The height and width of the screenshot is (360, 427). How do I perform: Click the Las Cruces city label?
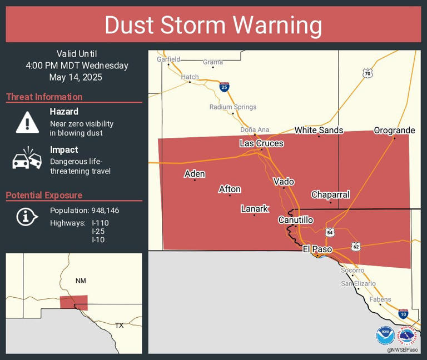tap(261, 143)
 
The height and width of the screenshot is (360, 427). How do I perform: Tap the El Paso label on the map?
tap(317, 249)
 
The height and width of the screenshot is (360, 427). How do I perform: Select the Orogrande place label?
tap(394, 131)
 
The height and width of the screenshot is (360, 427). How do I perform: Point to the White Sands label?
tap(319, 131)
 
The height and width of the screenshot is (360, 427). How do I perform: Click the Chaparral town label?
tap(330, 194)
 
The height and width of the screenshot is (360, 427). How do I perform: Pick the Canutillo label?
tap(295, 220)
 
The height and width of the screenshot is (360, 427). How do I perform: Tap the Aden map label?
tap(195, 174)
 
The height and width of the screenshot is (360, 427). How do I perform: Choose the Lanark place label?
tap(255, 209)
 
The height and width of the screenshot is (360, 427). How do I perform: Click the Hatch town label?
tap(190, 77)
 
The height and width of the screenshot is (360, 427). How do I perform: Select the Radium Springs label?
tap(233, 107)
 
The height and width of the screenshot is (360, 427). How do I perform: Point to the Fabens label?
tap(381, 299)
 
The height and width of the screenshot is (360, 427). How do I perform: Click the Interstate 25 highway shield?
tap(224, 87)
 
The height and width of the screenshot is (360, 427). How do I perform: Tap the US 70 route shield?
tap(367, 73)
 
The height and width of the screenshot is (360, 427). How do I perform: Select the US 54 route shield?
tap(330, 232)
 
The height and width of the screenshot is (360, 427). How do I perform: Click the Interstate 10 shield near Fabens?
tap(403, 314)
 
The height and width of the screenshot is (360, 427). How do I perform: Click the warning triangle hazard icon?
tap(27, 122)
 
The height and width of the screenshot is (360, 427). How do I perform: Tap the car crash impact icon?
tap(27, 159)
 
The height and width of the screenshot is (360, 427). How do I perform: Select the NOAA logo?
tap(385, 336)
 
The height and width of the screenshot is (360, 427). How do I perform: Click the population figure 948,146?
tap(104, 211)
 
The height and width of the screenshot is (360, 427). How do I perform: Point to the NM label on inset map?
tap(81, 281)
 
